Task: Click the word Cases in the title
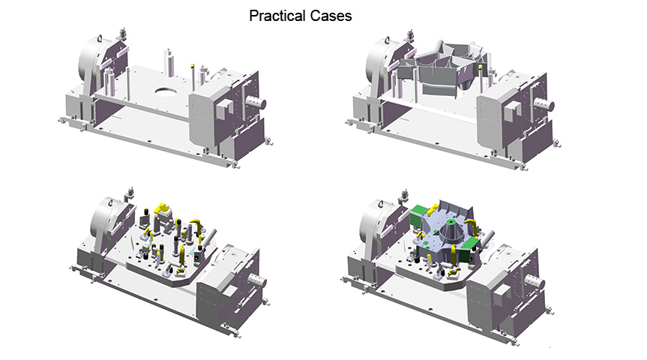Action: (x=331, y=16)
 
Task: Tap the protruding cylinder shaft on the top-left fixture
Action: (x=255, y=103)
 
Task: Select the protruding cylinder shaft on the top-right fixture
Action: (x=543, y=104)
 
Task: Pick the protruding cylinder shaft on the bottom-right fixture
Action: (x=535, y=283)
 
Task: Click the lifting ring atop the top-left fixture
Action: (x=100, y=38)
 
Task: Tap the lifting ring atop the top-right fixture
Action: (x=387, y=40)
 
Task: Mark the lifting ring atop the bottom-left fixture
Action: (x=110, y=202)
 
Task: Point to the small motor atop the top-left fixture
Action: (x=122, y=33)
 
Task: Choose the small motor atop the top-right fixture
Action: (x=410, y=35)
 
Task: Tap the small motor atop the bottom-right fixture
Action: (x=405, y=195)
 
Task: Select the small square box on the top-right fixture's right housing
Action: (x=511, y=110)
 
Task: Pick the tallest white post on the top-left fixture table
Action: (x=169, y=63)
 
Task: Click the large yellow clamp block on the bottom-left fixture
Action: (x=162, y=208)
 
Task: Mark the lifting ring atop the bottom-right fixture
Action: (x=380, y=204)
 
